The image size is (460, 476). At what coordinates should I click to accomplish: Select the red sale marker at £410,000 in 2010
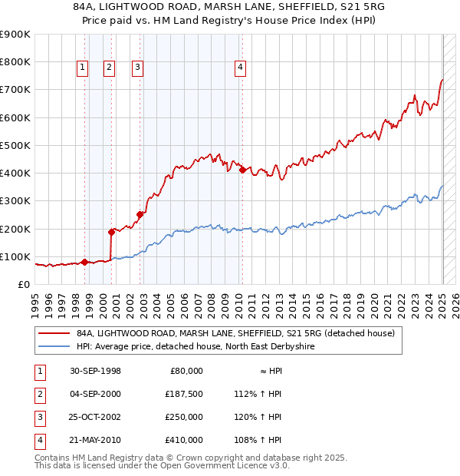[x=242, y=170]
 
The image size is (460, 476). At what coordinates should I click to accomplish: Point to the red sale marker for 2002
[x=140, y=214]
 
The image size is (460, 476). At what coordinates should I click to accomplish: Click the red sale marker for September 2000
[x=111, y=231]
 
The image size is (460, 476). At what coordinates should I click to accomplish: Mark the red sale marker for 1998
[x=85, y=262]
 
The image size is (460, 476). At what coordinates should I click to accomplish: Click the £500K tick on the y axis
[x=15, y=145]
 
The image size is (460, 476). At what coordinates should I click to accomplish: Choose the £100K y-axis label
[x=15, y=256]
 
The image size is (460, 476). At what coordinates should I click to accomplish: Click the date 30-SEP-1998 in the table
[x=95, y=371]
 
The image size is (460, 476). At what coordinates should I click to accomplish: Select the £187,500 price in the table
[x=183, y=394]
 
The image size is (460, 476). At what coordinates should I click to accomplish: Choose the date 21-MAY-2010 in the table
[x=95, y=440]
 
